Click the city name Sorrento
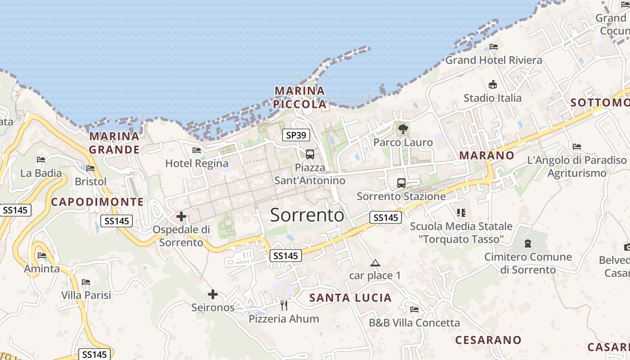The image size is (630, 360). coord(307,216)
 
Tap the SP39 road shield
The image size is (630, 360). coord(296,135)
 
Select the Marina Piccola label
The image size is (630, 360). coord(300,97)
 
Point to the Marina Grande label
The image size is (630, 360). coord(114,143)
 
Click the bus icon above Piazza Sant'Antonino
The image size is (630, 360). coord(310,154)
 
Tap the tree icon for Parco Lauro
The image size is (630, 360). coord(403,129)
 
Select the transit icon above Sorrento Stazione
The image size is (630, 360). coord(401,183)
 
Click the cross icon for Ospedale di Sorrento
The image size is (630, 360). coord(181,217)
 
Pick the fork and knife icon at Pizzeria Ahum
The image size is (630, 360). coord(284,306)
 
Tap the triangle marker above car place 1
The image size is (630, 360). coord(375,263)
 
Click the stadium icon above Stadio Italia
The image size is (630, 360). coord(493,85)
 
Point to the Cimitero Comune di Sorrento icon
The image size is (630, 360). coord(527,243)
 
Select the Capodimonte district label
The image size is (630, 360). coord(97,202)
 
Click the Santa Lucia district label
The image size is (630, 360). coord(351,298)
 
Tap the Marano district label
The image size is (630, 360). coord(486,156)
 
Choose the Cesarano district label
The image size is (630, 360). coord(488,340)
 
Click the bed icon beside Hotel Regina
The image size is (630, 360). coord(196,150)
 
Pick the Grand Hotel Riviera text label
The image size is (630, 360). coord(494,60)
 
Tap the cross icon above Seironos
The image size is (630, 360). coord(213,295)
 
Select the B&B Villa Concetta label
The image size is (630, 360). coord(414,323)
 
